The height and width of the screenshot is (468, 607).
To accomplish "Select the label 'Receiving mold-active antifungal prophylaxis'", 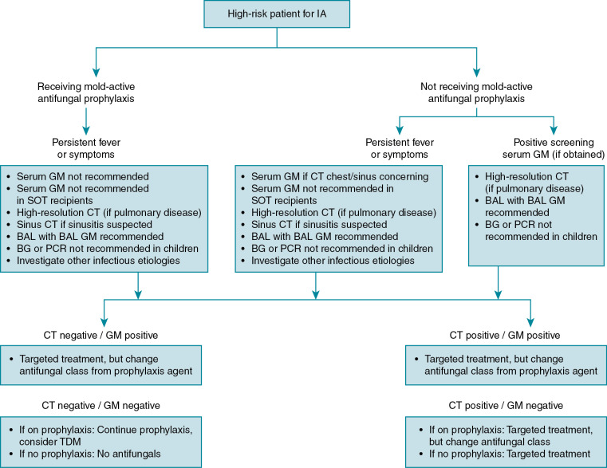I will [85, 92].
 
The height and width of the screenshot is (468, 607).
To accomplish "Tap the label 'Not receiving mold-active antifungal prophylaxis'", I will [476, 92].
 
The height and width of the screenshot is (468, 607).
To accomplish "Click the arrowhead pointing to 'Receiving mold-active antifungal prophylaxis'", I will [95, 72].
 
